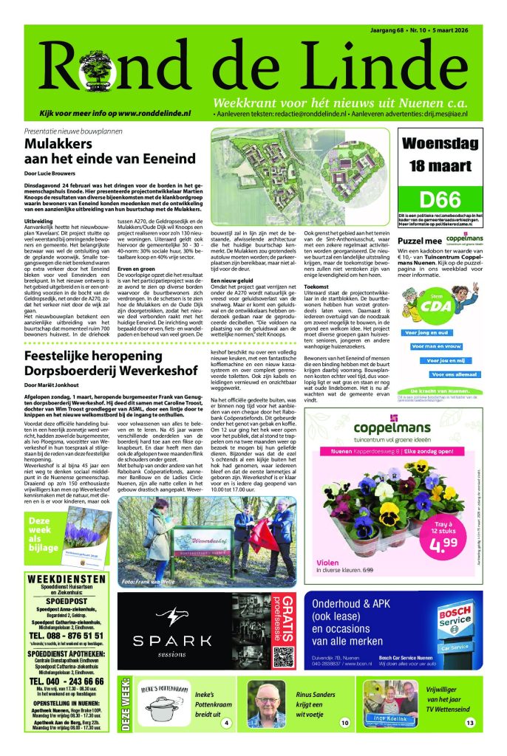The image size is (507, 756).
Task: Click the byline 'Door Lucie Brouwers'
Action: coord(52,174)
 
